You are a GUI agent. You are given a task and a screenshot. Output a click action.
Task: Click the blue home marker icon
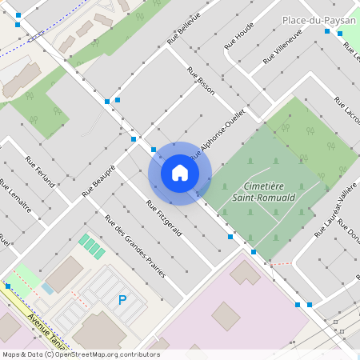(x=180, y=173)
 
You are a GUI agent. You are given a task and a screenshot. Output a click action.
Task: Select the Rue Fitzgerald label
(x=164, y=218)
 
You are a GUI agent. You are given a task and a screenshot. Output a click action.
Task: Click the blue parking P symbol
(x=122, y=300)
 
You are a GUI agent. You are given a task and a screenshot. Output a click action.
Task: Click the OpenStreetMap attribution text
(x=81, y=354)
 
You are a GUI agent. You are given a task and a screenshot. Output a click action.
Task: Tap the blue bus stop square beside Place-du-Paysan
(x=327, y=31)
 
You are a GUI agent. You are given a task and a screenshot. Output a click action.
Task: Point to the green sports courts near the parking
(x=91, y=246)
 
